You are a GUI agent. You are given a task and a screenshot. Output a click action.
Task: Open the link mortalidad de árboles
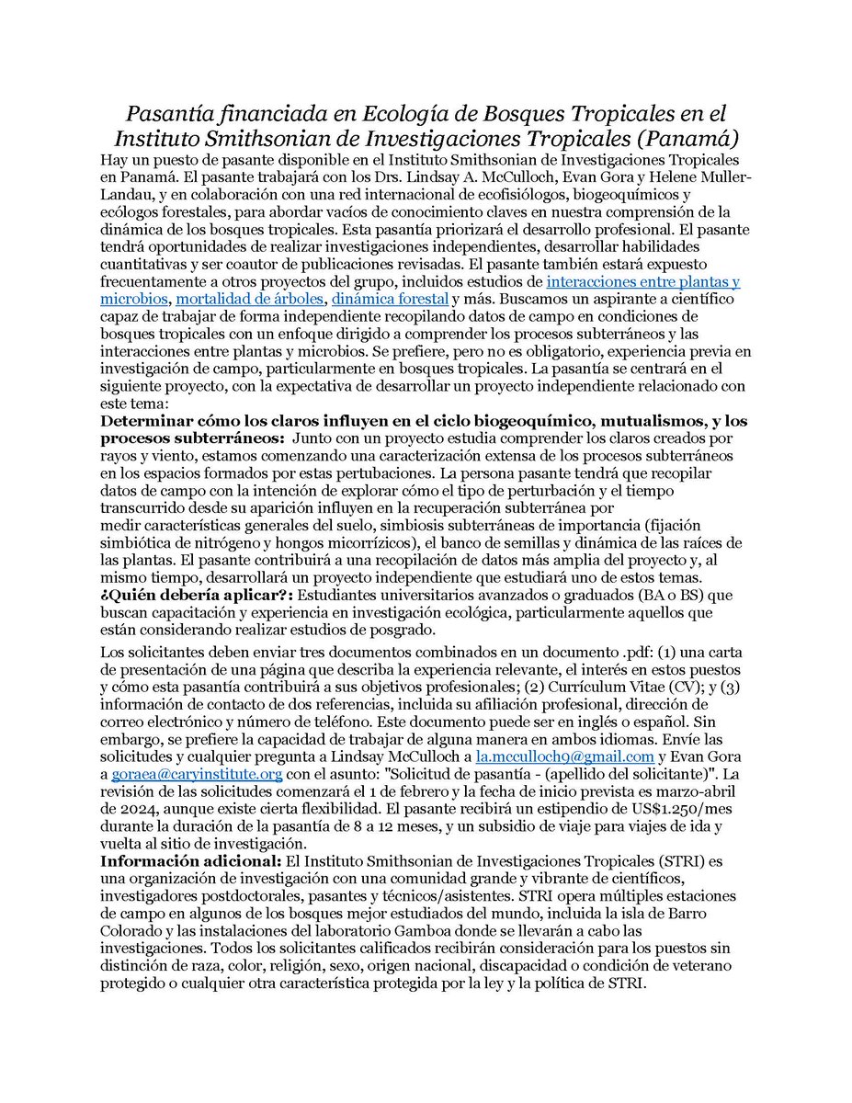[249, 300]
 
